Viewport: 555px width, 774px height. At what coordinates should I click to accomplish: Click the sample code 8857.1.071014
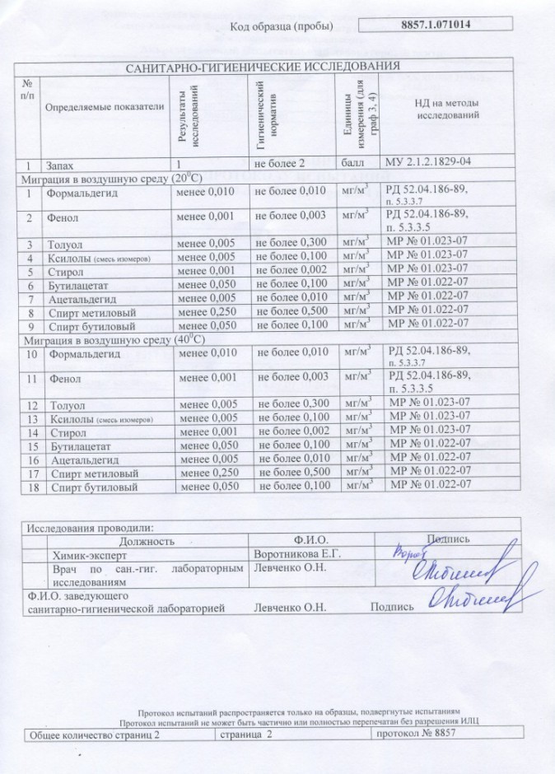[x=448, y=26]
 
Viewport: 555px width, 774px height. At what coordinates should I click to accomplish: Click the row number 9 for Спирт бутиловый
[x=29, y=326]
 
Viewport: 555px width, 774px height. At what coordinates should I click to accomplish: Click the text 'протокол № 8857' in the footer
[x=413, y=734]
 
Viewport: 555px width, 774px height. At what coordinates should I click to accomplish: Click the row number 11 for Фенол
[x=31, y=380]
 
